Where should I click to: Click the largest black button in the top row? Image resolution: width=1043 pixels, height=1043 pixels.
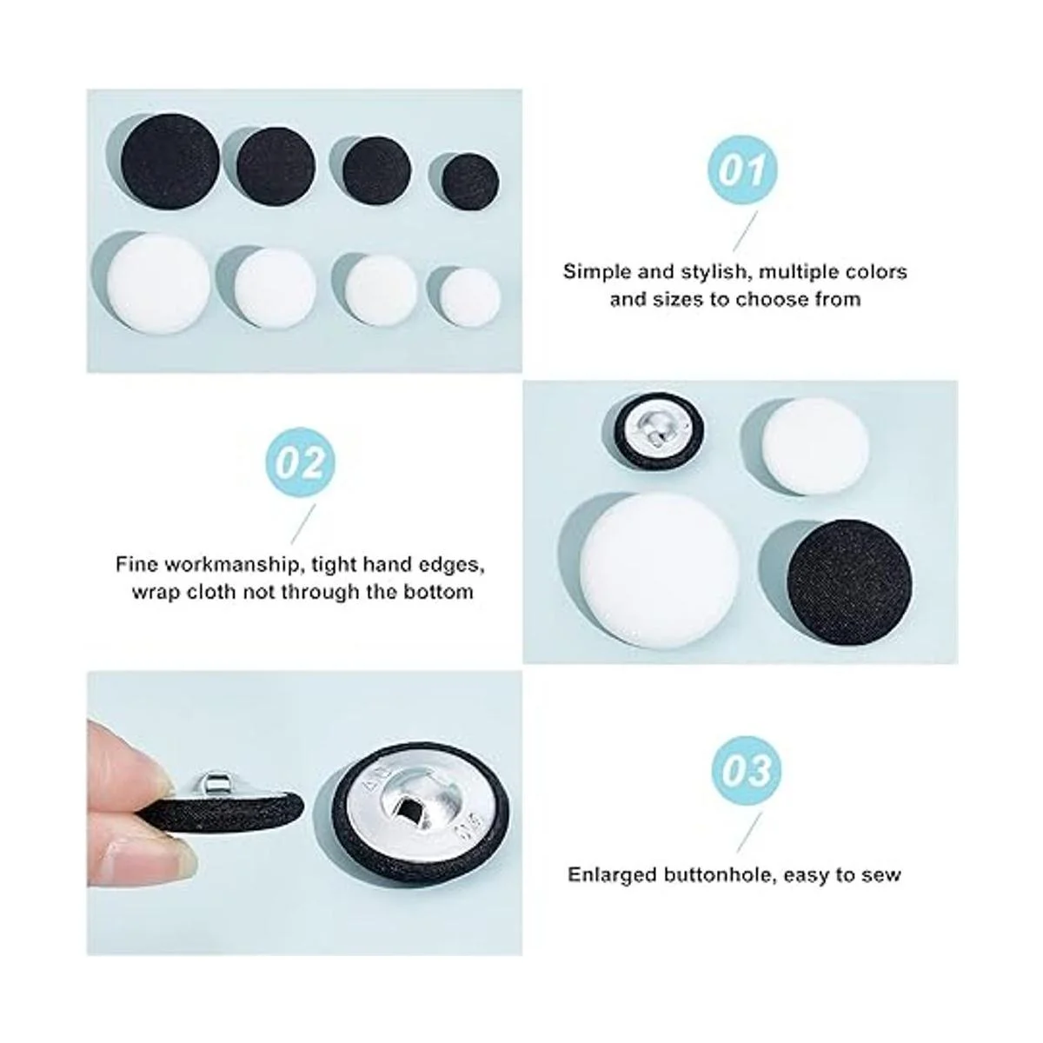click(170, 163)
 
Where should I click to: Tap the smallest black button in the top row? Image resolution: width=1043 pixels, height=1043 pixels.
click(470, 183)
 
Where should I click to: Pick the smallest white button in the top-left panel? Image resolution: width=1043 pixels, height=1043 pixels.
click(470, 298)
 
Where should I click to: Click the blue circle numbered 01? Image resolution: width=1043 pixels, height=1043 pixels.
click(742, 170)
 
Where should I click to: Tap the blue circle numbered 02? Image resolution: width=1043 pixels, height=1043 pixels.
click(300, 462)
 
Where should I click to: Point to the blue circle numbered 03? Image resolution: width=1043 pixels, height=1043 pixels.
click(747, 771)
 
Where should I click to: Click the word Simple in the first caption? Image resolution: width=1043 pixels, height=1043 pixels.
click(595, 272)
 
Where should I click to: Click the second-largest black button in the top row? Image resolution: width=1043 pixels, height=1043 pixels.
click(276, 167)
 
